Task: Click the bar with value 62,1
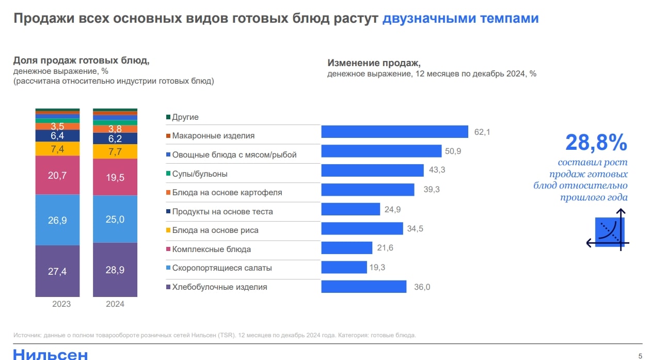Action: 394,132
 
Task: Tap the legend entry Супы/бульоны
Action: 199,174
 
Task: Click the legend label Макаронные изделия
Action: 213,136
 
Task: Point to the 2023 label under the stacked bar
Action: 61,304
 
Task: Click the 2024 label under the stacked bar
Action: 115,304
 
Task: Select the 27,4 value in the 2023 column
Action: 57,271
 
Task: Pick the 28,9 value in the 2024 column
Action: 115,270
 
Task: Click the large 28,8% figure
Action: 596,142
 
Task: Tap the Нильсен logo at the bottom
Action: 50,354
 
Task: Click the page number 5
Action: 640,355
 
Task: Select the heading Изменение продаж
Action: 374,63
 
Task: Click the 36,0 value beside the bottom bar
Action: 422,287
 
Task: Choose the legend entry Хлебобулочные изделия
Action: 219,287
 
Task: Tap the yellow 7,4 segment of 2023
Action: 57,149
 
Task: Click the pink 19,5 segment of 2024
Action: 115,177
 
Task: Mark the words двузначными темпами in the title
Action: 461,19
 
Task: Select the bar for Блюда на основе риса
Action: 362,228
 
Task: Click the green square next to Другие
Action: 168,117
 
